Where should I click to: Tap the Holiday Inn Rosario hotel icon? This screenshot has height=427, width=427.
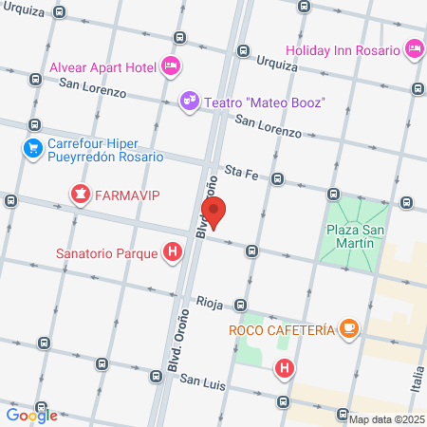[414, 46]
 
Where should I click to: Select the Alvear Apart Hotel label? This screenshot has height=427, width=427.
[104, 65]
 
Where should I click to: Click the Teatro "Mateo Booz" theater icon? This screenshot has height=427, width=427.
[190, 101]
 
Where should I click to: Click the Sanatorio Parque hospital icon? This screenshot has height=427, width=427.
[173, 253]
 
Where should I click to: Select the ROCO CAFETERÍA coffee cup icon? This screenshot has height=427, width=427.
[349, 328]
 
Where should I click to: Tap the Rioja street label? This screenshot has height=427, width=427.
[209, 303]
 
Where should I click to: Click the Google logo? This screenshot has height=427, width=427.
[31, 415]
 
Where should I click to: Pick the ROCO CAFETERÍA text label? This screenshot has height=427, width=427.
[282, 329]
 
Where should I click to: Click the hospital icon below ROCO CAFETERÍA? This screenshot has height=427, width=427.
[283, 367]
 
